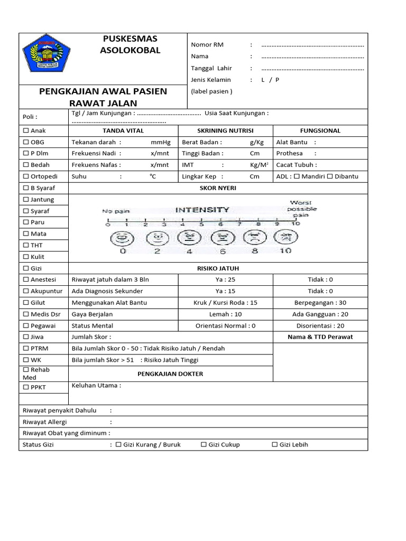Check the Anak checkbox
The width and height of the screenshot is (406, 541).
(x=25, y=130)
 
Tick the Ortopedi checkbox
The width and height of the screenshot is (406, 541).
(x=25, y=176)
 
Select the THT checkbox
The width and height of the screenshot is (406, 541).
(x=25, y=246)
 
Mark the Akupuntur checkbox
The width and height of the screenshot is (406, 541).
(x=25, y=291)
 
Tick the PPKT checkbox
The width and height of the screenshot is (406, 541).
(x=25, y=387)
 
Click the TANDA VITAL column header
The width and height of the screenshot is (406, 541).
(x=123, y=130)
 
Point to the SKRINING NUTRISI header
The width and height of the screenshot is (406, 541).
(x=225, y=130)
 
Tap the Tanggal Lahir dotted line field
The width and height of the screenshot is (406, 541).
(x=312, y=68)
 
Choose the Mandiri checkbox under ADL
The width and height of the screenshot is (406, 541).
(x=297, y=176)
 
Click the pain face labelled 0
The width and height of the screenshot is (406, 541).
(x=123, y=238)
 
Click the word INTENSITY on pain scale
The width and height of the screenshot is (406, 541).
(x=202, y=210)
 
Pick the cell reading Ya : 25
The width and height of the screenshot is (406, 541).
(x=225, y=279)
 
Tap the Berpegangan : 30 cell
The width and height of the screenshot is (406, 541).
(x=320, y=303)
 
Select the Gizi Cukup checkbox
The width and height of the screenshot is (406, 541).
(x=204, y=445)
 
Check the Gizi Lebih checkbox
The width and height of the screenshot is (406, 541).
(x=274, y=445)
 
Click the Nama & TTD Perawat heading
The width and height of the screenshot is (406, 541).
(x=320, y=337)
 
